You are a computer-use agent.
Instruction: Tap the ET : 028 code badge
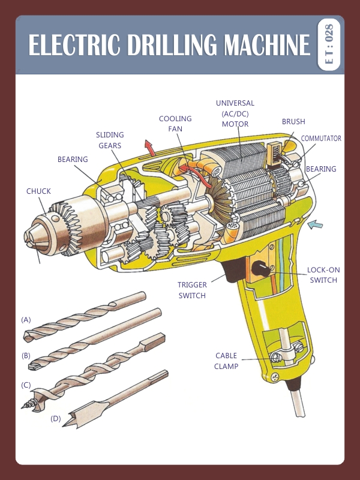click(x=329, y=44)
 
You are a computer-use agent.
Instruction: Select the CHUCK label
click(x=38, y=191)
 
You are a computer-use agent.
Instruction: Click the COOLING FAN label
click(x=175, y=124)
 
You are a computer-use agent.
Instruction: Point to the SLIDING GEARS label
click(x=110, y=140)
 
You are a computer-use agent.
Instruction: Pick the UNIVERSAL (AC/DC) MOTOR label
click(x=235, y=113)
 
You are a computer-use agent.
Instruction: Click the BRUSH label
click(x=293, y=122)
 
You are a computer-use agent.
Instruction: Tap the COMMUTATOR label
click(x=320, y=139)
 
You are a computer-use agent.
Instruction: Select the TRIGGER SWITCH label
click(x=192, y=290)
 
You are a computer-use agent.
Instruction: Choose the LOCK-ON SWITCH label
click(x=322, y=275)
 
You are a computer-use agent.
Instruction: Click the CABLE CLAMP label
click(x=226, y=361)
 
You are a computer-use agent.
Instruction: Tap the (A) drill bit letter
click(x=26, y=320)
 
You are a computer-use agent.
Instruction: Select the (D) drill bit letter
click(x=56, y=418)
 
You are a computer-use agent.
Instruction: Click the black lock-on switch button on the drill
click(x=262, y=268)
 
